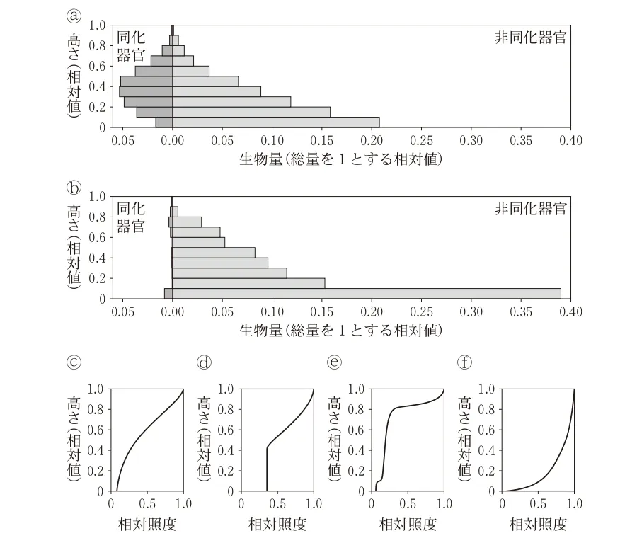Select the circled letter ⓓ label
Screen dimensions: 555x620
coord(205,362)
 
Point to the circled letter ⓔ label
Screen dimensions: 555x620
coord(335,362)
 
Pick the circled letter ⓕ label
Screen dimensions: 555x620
coord(465,362)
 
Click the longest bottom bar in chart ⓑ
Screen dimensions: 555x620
coord(366,293)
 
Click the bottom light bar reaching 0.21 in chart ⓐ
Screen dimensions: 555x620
coord(276,122)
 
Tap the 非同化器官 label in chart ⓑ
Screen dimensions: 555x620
coord(530,210)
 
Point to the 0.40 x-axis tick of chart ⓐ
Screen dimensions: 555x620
coord(570,141)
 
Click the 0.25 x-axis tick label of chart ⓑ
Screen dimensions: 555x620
coord(421,312)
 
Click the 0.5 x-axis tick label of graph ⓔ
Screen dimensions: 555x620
coord(408,504)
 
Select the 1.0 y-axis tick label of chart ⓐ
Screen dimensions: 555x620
coord(98,25)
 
